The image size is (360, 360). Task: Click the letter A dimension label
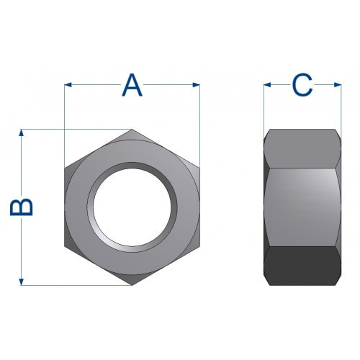132,85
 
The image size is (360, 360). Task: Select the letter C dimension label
302,85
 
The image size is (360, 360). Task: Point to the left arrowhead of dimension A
68,85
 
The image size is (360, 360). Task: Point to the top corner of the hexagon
132,130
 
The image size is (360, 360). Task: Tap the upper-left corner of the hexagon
66,168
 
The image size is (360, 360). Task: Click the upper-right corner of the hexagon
199,168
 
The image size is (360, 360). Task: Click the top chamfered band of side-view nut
302,148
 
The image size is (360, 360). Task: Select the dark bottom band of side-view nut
302,266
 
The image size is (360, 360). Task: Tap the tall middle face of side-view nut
302,207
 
